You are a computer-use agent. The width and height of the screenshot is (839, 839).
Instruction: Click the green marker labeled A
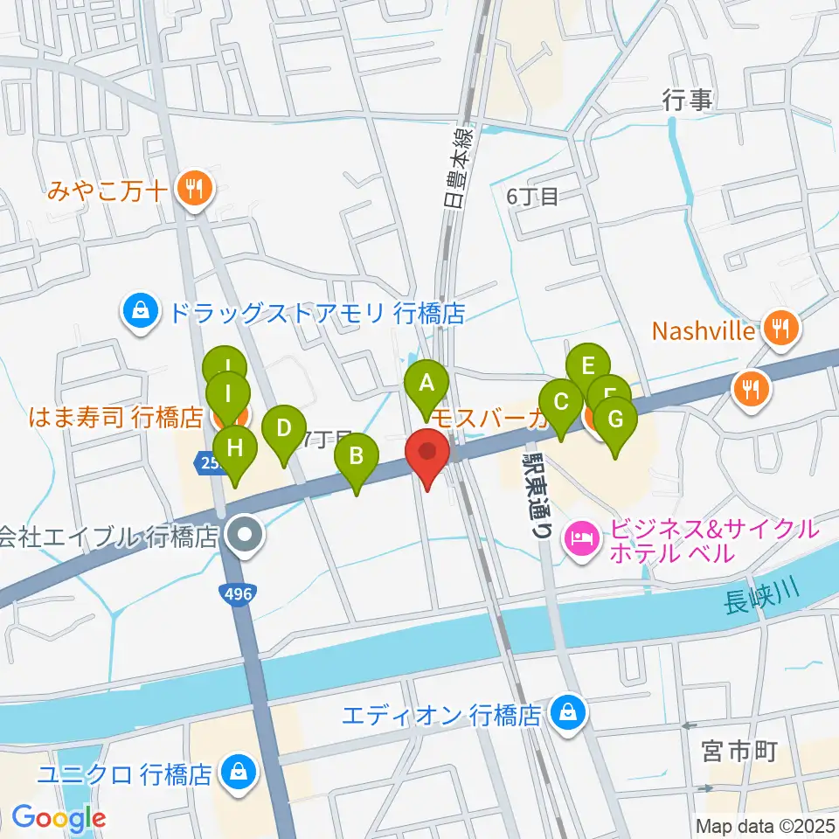click(426, 383)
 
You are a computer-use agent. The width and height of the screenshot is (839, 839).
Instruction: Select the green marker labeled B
click(357, 457)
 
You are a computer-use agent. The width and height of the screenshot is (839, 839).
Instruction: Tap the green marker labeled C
click(561, 403)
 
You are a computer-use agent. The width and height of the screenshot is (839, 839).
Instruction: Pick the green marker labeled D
click(283, 429)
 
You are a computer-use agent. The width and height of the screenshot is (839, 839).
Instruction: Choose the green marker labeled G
click(615, 420)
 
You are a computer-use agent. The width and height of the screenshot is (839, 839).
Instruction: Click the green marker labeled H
click(234, 448)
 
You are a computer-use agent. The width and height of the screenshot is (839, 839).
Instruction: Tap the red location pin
click(427, 453)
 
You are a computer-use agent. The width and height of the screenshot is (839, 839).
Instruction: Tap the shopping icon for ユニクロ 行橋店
click(237, 773)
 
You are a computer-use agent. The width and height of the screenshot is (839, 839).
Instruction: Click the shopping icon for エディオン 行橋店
click(569, 714)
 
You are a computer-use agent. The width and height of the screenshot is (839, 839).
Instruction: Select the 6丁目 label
click(531, 197)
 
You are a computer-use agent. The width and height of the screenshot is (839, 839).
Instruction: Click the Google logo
click(58, 818)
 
